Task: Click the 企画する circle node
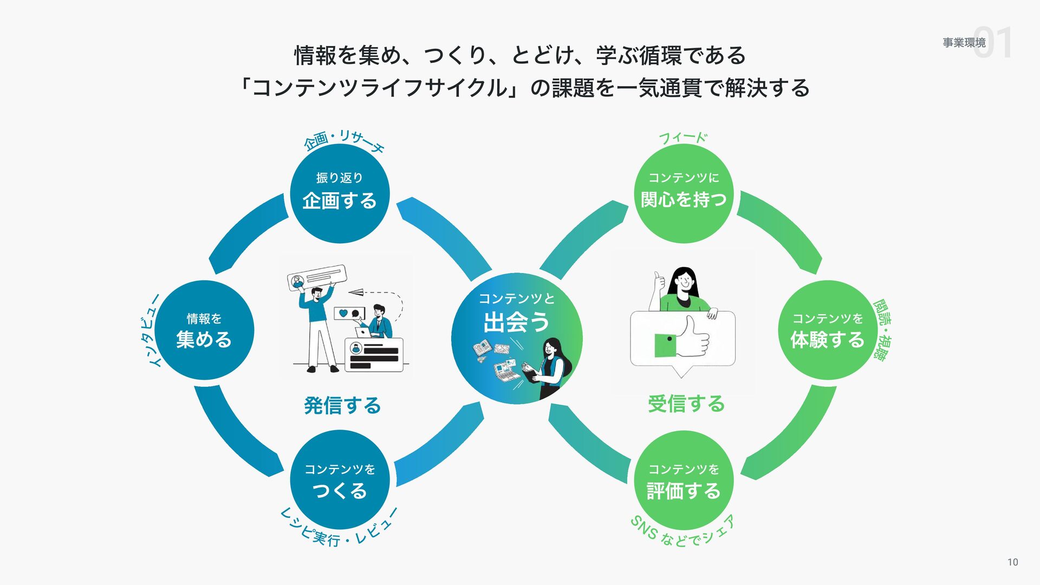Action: tap(340, 193)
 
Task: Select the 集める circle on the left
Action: tap(204, 330)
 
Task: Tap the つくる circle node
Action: tap(340, 480)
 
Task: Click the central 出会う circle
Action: tap(516, 338)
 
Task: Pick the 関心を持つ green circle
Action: tap(684, 193)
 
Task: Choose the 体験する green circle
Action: tap(827, 330)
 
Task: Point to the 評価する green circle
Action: tap(684, 480)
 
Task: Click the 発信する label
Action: tap(342, 405)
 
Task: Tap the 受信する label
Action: tap(686, 404)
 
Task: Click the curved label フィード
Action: tap(683, 138)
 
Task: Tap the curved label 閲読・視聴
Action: tap(882, 329)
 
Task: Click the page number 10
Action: tap(1012, 562)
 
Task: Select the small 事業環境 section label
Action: tap(964, 42)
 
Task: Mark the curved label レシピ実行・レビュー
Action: tap(339, 528)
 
